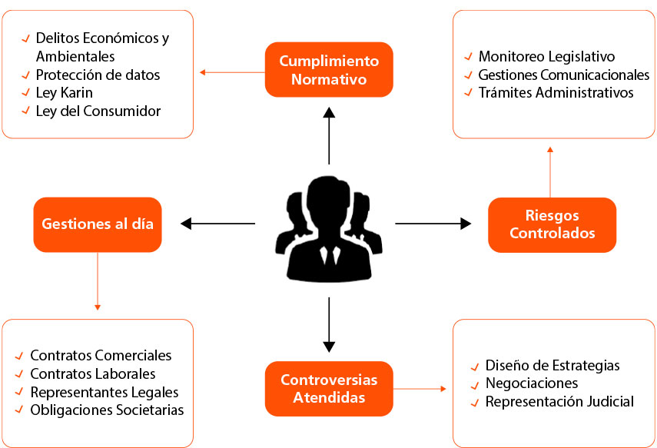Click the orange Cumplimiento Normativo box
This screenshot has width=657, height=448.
329,69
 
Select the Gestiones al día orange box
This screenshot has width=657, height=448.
98,224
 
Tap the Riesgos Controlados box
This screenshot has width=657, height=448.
552,224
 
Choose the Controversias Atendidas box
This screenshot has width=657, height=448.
329,388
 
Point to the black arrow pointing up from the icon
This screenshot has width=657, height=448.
329,135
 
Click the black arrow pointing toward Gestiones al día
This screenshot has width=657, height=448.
218,224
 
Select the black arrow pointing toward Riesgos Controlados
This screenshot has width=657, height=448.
433,224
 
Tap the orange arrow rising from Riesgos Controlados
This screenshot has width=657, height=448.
550,171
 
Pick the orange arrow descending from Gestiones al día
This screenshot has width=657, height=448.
98,280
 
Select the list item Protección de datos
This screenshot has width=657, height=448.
98,75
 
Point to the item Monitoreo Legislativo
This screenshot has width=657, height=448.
546,56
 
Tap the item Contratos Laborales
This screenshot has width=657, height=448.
92,373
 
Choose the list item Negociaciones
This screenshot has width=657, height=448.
531,383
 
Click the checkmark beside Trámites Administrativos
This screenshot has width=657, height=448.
468,93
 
